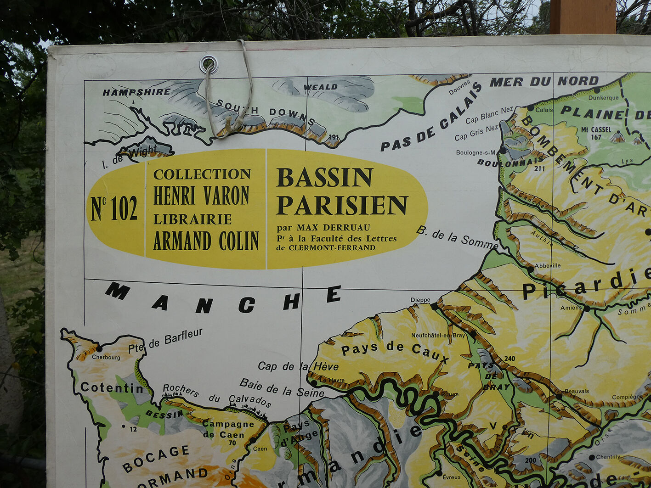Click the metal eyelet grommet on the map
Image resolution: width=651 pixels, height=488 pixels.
point(209,64)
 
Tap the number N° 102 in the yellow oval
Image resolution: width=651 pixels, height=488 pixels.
point(114,208)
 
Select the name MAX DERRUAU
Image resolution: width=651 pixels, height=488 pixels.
point(333,228)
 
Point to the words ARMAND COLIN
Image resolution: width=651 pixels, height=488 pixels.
point(206,241)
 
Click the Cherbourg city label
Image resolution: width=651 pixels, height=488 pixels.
point(106,357)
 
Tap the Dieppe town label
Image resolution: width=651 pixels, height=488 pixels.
point(420,300)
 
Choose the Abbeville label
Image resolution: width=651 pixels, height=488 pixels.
point(548,265)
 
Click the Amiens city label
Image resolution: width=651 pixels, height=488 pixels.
point(571,308)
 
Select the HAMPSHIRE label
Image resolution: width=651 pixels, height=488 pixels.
point(136,92)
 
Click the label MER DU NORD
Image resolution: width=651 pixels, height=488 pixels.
point(544,82)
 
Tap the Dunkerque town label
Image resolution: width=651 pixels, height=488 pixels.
point(603,98)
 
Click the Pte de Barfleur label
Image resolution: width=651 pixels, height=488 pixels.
point(165,340)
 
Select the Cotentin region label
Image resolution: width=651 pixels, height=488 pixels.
point(112,388)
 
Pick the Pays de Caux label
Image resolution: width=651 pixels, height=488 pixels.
point(395,351)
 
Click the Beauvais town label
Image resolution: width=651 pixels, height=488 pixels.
point(577,391)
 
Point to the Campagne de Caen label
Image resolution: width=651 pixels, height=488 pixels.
point(228,429)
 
